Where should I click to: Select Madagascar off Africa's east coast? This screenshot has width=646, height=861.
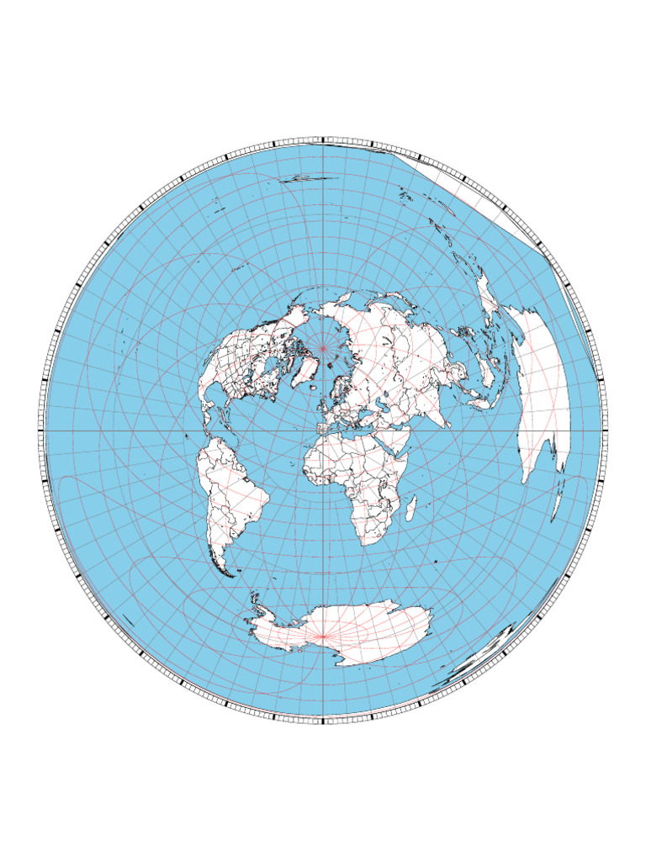pyautogui.click(x=412, y=507)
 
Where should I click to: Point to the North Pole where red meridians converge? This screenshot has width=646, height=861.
pyautogui.click(x=323, y=346)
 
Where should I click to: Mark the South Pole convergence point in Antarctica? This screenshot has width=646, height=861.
pyautogui.click(x=324, y=638)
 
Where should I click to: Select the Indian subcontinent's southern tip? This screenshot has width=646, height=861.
pyautogui.click(x=445, y=420)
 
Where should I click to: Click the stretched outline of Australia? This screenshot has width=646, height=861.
pyautogui.click(x=543, y=395)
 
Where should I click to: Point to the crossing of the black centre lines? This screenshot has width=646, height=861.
pyautogui.click(x=323, y=430)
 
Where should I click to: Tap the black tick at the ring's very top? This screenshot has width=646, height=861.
pyautogui.click(x=323, y=139)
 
